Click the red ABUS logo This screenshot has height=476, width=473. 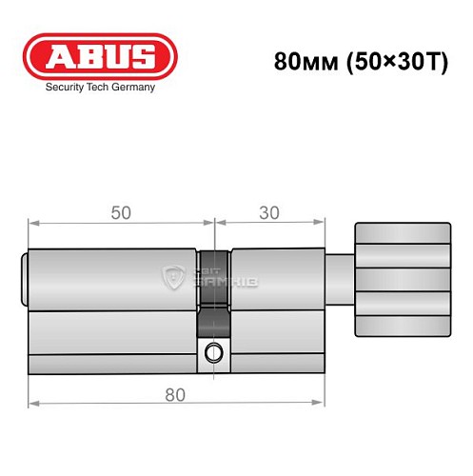pos(100,56)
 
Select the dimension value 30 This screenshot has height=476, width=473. pos(271,214)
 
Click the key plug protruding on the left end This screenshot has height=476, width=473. pos(25,279)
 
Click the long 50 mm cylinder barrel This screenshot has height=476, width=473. pos(114,309)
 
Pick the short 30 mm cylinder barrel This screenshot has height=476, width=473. pos(275,309)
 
